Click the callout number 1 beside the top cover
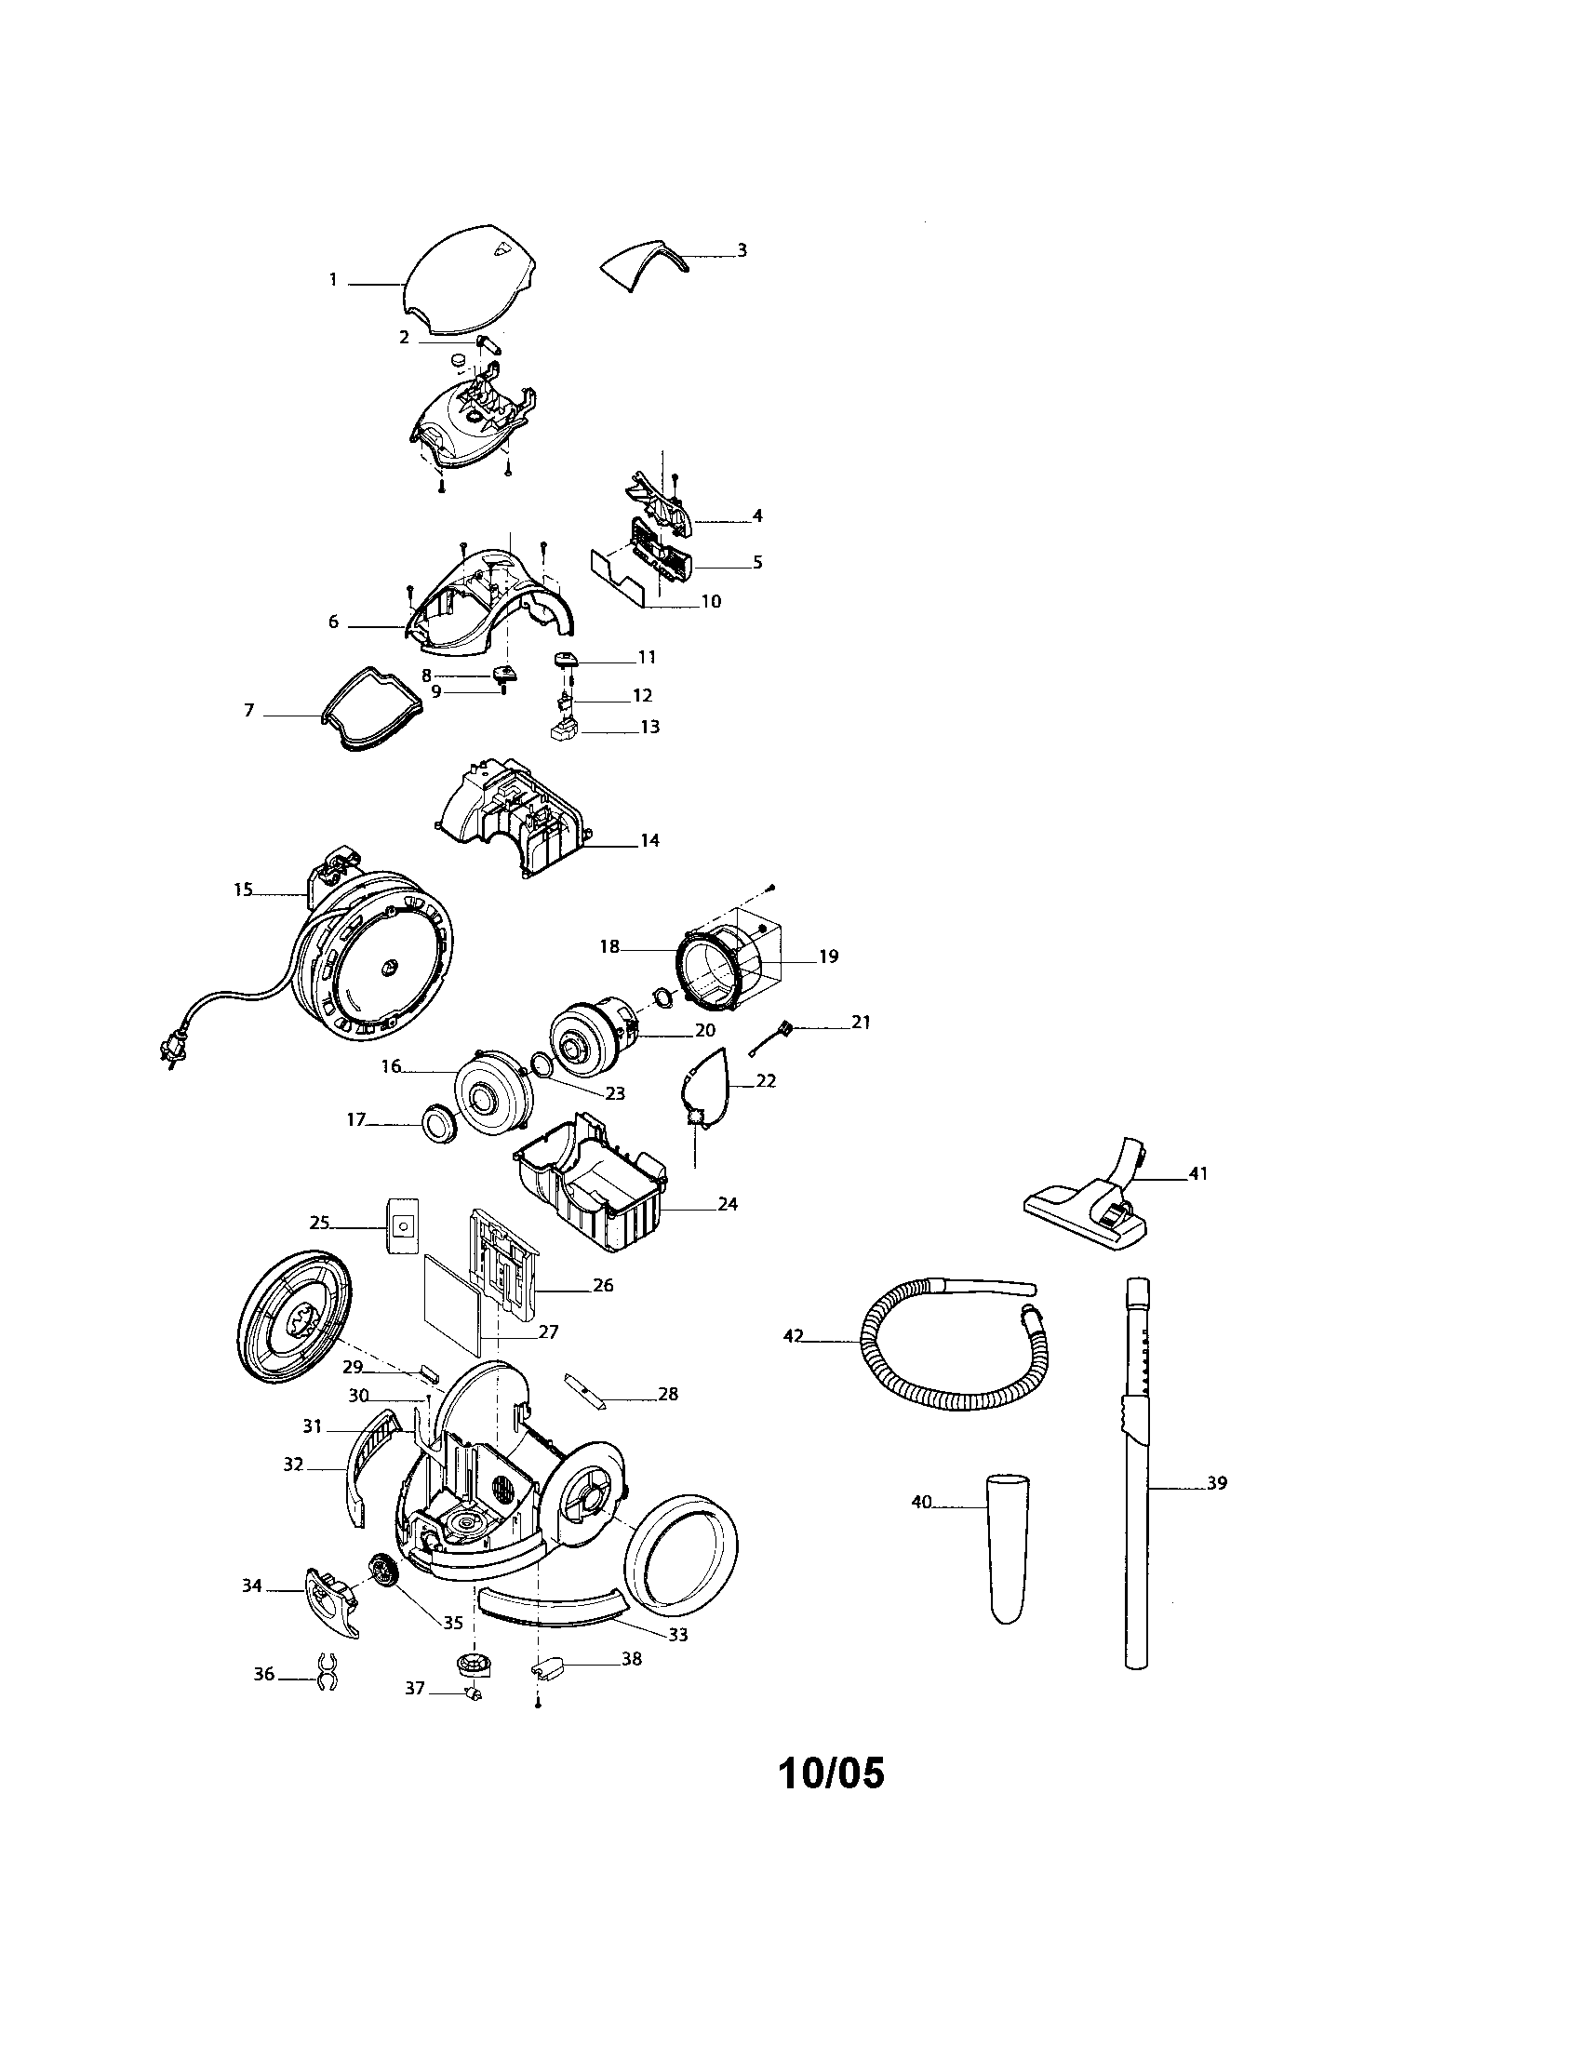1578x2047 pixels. click(x=333, y=280)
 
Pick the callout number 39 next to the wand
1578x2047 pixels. click(x=1216, y=1484)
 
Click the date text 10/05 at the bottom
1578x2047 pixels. click(x=830, y=1772)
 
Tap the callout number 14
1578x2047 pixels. click(x=649, y=841)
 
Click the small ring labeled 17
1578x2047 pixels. click(x=437, y=1122)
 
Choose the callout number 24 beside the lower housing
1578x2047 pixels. click(x=728, y=1203)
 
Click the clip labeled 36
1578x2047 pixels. click(x=327, y=1673)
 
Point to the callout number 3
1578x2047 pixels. click(x=742, y=251)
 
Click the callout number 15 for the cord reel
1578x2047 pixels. click(x=243, y=890)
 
